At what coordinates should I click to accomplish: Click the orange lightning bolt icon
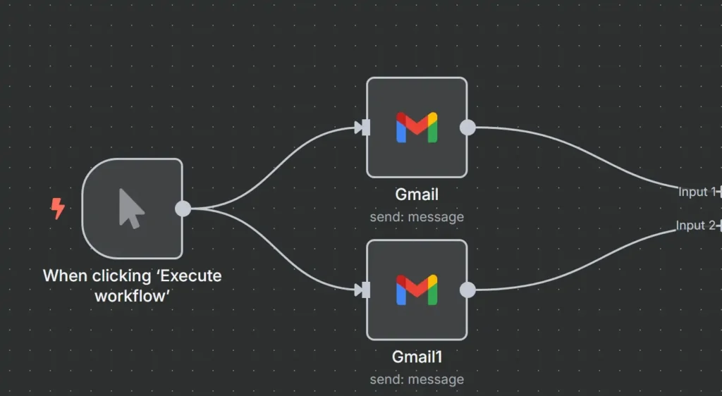tap(58, 208)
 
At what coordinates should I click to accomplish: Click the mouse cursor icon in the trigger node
tap(131, 209)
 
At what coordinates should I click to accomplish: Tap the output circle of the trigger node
tap(183, 209)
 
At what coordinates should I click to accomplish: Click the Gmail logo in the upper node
tap(417, 128)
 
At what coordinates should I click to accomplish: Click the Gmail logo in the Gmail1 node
tap(417, 290)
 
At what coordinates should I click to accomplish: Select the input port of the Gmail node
tap(364, 128)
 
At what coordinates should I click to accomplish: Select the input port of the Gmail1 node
tap(364, 290)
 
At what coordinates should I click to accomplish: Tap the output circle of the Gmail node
tap(467, 128)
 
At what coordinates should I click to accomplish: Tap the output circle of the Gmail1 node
tap(467, 290)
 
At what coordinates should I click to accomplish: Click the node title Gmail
tap(417, 195)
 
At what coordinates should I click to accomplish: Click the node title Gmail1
tap(417, 357)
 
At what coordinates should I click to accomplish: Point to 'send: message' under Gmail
tap(417, 217)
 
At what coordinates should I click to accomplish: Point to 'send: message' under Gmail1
tap(417, 379)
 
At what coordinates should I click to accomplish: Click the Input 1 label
tap(696, 192)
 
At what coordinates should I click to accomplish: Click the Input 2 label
tap(695, 225)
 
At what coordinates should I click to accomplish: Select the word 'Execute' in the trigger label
tap(189, 276)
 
